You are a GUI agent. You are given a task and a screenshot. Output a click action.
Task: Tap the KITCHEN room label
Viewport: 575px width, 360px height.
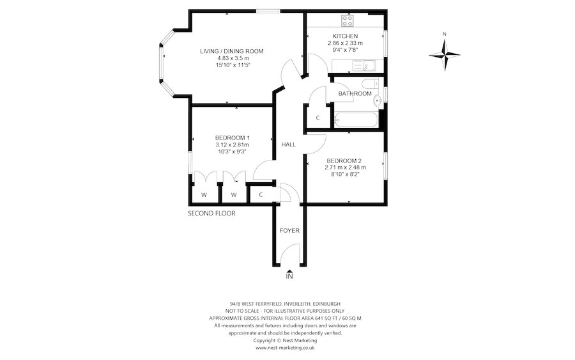[345, 36]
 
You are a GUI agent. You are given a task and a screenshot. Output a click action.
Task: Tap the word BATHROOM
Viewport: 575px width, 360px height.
[355, 94]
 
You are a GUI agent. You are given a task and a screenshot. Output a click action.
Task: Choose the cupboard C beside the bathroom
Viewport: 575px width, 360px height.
[318, 118]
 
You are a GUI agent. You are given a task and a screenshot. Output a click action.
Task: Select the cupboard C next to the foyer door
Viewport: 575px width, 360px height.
[261, 194]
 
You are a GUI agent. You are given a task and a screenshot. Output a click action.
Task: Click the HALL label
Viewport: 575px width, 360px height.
[288, 145]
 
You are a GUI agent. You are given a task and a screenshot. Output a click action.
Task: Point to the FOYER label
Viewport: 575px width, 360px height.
[289, 230]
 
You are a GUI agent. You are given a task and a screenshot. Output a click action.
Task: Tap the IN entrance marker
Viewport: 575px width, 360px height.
[289, 276]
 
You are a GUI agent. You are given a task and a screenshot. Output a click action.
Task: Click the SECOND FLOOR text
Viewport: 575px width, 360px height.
[211, 214]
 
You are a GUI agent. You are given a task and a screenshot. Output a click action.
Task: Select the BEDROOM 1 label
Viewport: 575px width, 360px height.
[232, 137]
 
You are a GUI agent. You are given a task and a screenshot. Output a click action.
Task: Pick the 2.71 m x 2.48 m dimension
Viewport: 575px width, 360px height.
[346, 168]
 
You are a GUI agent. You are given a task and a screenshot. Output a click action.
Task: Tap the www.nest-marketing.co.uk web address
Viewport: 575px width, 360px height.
[285, 348]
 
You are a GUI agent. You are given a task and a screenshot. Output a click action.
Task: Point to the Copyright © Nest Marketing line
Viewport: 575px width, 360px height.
[285, 340]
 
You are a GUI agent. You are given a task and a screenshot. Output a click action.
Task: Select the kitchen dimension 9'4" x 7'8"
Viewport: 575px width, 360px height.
[345, 50]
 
